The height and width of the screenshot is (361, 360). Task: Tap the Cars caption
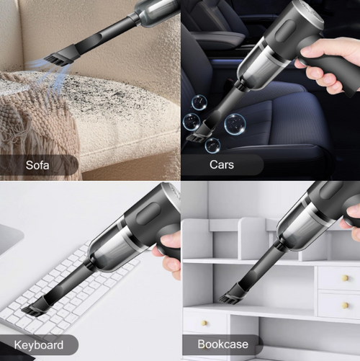click(x=222, y=165)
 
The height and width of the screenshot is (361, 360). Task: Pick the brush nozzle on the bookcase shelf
click(x=231, y=295)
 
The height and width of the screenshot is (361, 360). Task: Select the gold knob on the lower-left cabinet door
click(x=203, y=324)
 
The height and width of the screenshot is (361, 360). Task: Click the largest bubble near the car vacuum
click(x=235, y=124)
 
